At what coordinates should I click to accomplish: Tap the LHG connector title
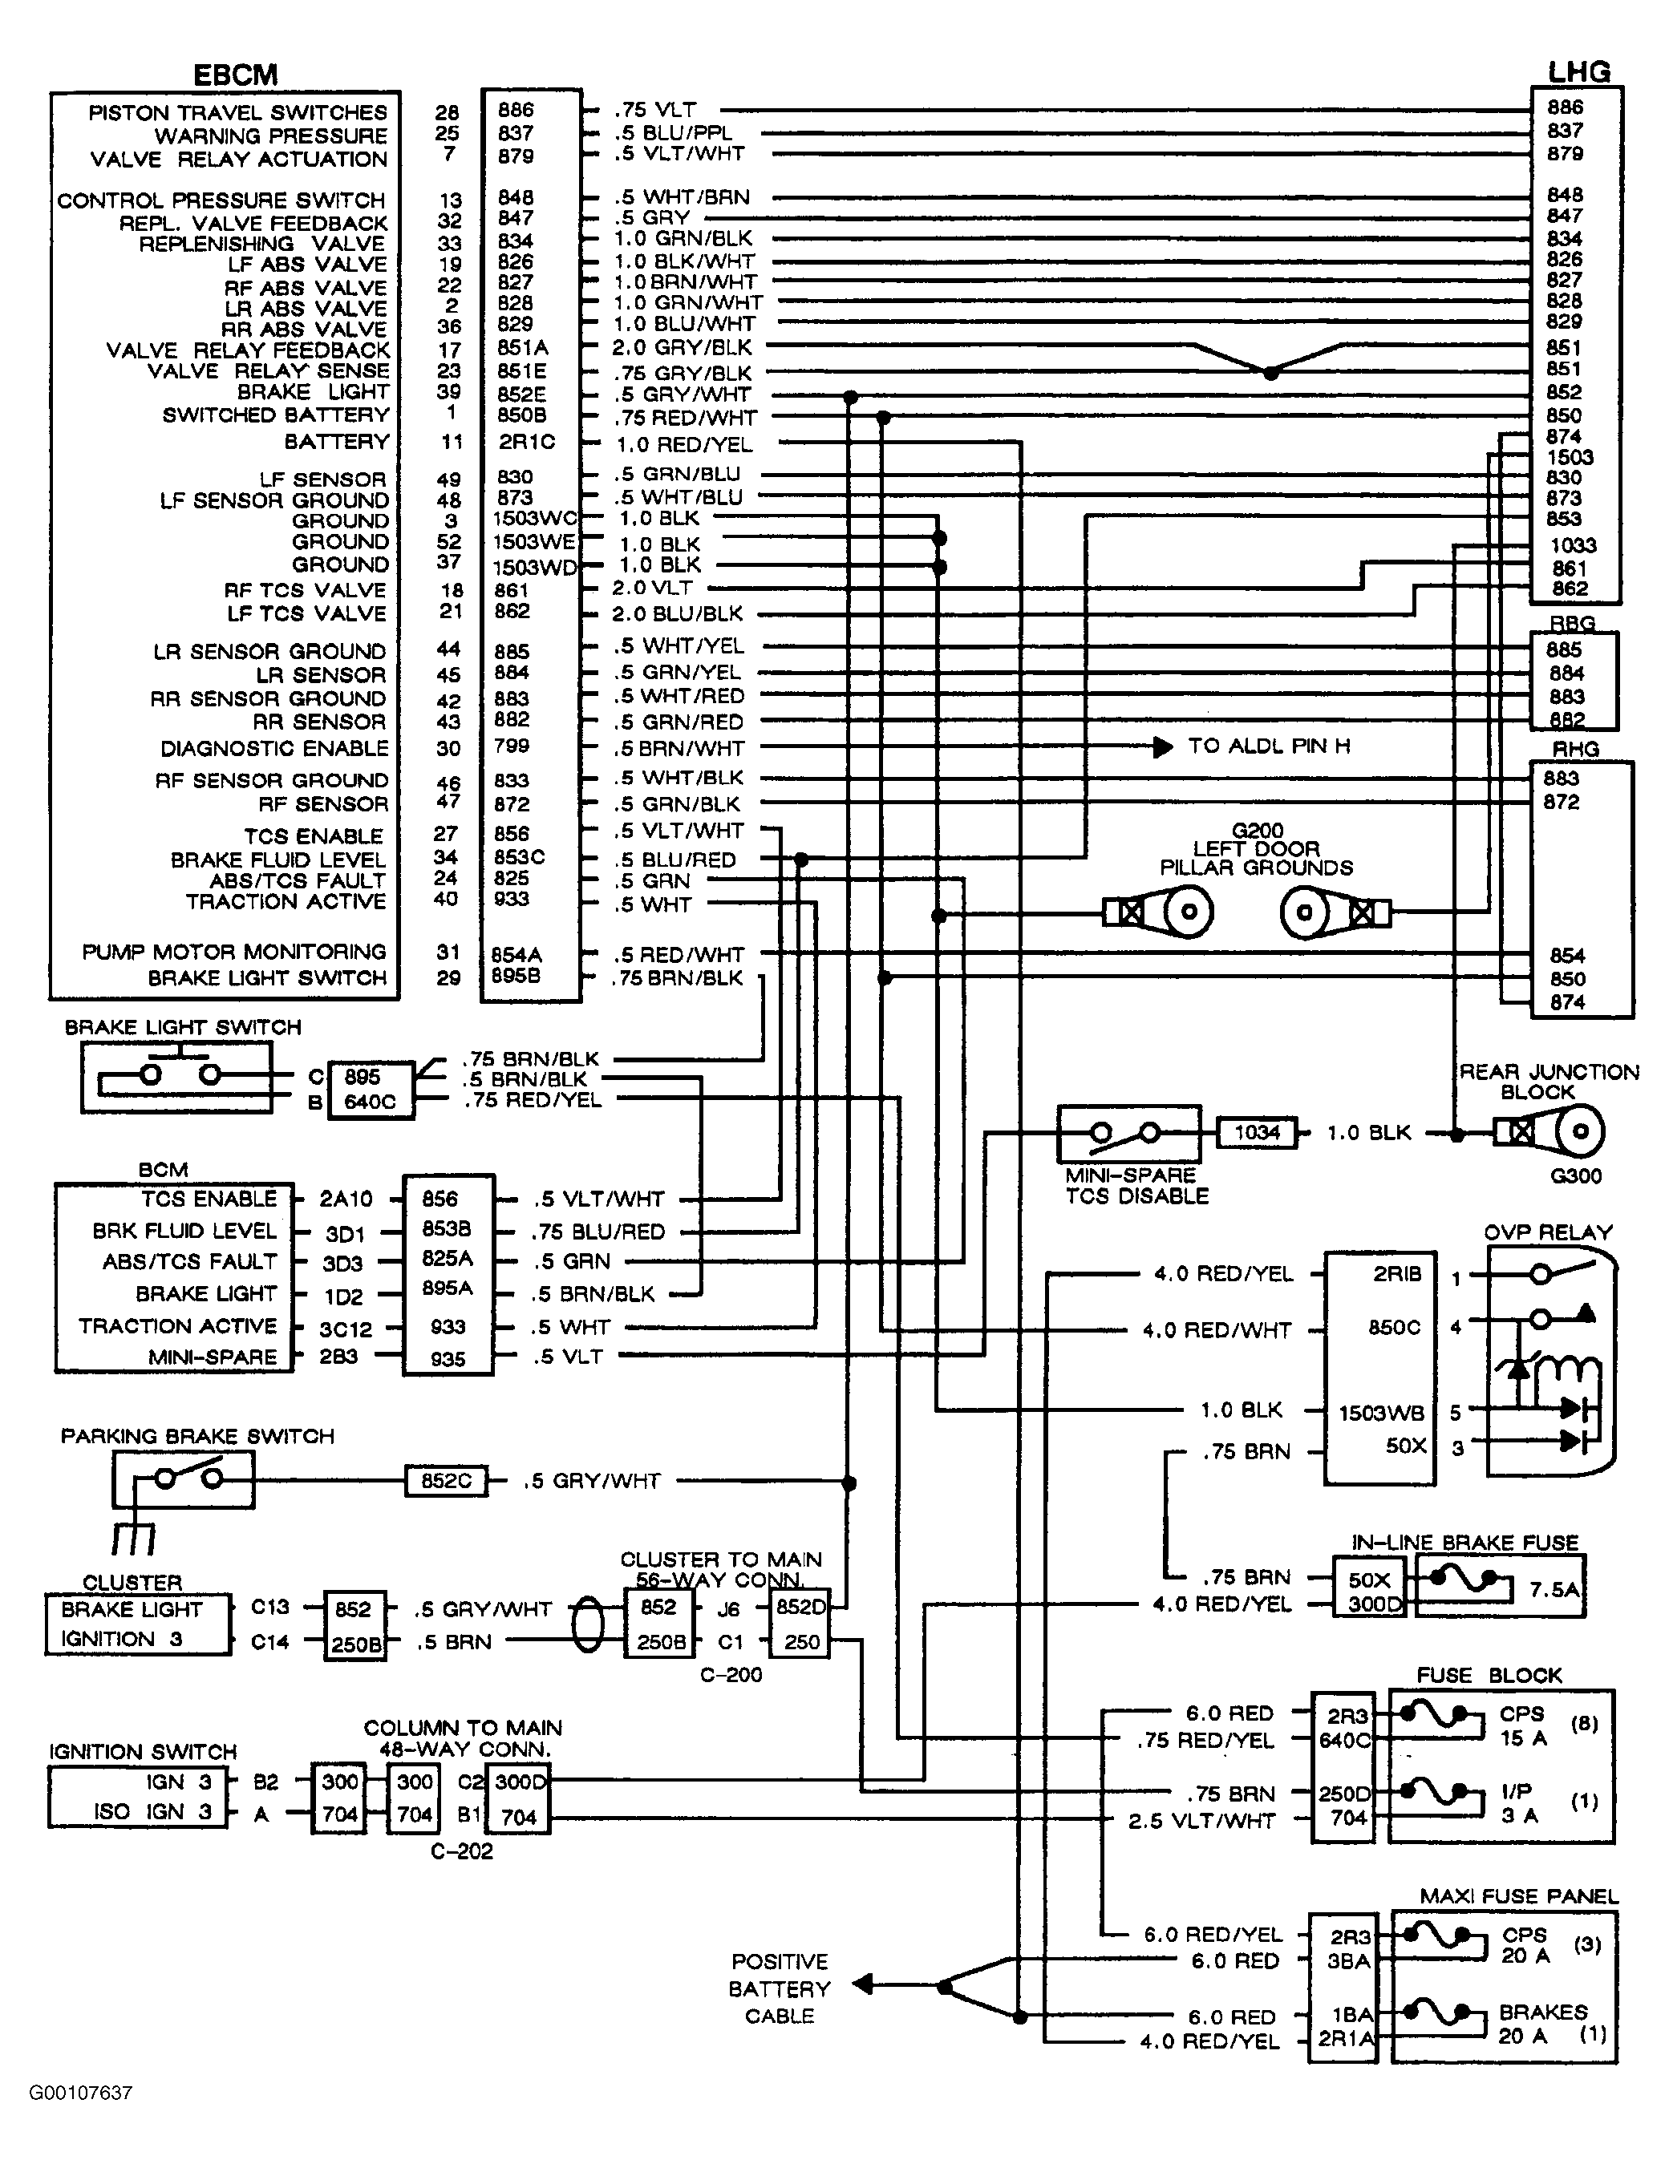tap(1578, 71)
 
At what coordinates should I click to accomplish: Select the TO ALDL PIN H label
tap(1268, 746)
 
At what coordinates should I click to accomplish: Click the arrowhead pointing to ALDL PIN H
tap(1162, 746)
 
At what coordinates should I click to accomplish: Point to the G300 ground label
tap(1576, 1176)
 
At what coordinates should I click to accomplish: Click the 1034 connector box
tap(1257, 1132)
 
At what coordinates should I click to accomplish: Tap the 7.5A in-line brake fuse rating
tap(1554, 1589)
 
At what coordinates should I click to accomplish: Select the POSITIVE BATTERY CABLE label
tap(779, 1989)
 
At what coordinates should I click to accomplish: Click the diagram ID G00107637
tap(80, 2093)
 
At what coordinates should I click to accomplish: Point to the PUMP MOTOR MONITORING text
tap(233, 952)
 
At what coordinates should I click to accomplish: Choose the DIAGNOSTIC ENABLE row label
tap(274, 749)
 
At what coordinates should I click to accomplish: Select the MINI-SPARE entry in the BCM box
tap(213, 1357)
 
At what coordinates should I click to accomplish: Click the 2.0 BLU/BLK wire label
tap(677, 613)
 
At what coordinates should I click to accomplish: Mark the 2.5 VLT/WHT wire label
tap(1201, 1820)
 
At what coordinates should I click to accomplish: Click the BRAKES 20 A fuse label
tap(1543, 2024)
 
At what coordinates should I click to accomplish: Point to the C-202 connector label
tap(461, 1851)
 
